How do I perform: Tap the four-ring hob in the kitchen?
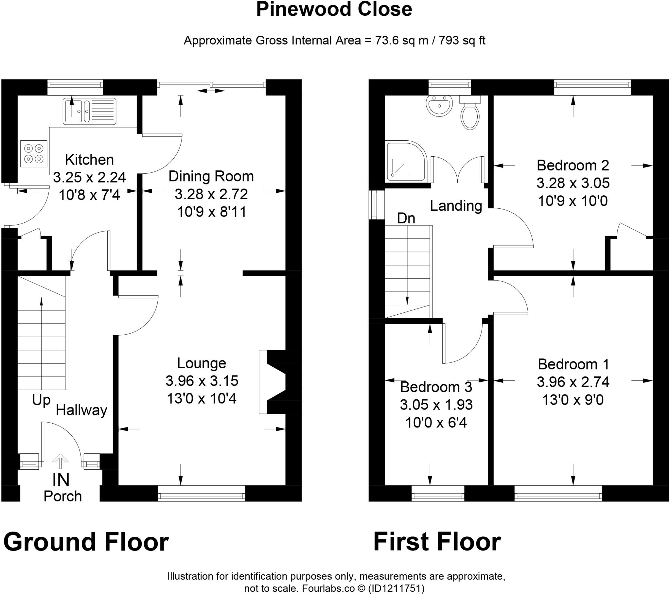(x=33, y=154)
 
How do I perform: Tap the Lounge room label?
(x=202, y=363)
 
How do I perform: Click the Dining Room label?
(x=211, y=176)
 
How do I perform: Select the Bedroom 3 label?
(x=436, y=387)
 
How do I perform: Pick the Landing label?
(x=456, y=206)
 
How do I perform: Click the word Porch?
(x=62, y=496)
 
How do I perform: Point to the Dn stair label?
(x=406, y=218)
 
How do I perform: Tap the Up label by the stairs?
(x=41, y=400)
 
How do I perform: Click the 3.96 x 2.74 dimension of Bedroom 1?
(x=573, y=382)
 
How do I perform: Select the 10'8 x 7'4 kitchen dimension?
(x=89, y=195)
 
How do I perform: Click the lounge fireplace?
(x=272, y=382)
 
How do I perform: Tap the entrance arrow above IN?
(x=60, y=461)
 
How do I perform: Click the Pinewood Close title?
(x=334, y=9)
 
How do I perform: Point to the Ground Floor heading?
(x=86, y=542)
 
